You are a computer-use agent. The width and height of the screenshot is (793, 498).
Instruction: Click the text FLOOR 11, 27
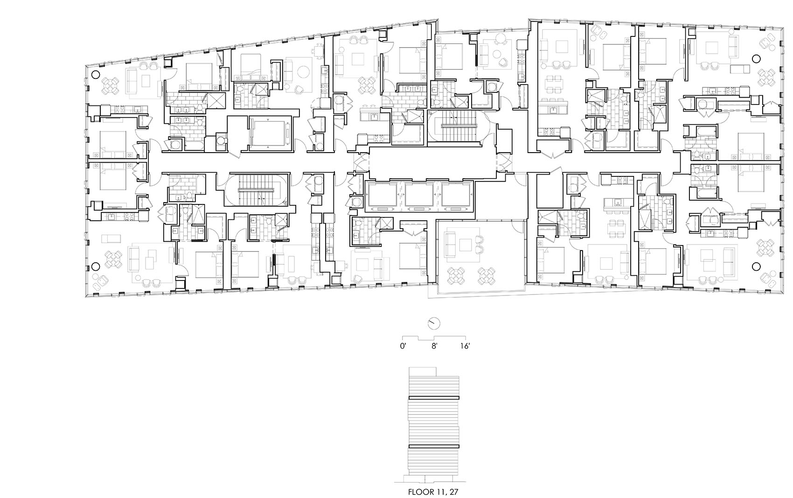pos(433,492)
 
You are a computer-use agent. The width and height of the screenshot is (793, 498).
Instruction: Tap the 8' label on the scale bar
pos(434,346)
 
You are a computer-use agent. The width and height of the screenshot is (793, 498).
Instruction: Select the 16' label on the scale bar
pos(465,346)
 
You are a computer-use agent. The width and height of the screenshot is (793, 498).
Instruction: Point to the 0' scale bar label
pos(403,346)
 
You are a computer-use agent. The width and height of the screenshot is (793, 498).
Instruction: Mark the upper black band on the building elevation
pos(434,398)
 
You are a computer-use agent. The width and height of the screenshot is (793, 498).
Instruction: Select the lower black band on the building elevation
pos(434,446)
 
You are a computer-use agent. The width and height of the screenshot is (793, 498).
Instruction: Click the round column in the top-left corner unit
pos(95,74)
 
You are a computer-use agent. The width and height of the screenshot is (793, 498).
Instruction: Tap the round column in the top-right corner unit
pos(756,59)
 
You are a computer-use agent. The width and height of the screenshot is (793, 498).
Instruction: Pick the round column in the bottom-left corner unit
pos(95,267)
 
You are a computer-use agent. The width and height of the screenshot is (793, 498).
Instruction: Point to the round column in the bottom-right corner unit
pos(756,267)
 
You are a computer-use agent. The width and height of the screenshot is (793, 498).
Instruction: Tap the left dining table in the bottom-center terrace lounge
pos(456,275)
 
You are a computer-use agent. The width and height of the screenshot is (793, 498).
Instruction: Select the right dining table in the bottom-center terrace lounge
pos(487,275)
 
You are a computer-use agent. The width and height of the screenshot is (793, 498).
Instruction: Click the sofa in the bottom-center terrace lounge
pos(451,245)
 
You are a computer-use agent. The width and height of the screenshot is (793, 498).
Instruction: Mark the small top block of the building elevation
pos(422,372)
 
